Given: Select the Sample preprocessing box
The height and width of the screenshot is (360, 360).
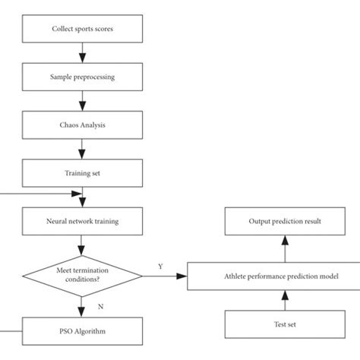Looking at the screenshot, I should [x=82, y=77].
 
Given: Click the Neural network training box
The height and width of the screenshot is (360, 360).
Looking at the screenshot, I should [x=82, y=222].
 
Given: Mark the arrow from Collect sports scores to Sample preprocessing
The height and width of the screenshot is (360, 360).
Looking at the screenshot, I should [x=82, y=52].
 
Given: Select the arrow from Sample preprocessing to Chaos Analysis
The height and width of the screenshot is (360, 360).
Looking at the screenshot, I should [x=82, y=101].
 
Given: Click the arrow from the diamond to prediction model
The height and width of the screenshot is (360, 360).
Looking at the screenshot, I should [x=163, y=277].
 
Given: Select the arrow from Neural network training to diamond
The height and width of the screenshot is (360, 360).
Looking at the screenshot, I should [x=82, y=247].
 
